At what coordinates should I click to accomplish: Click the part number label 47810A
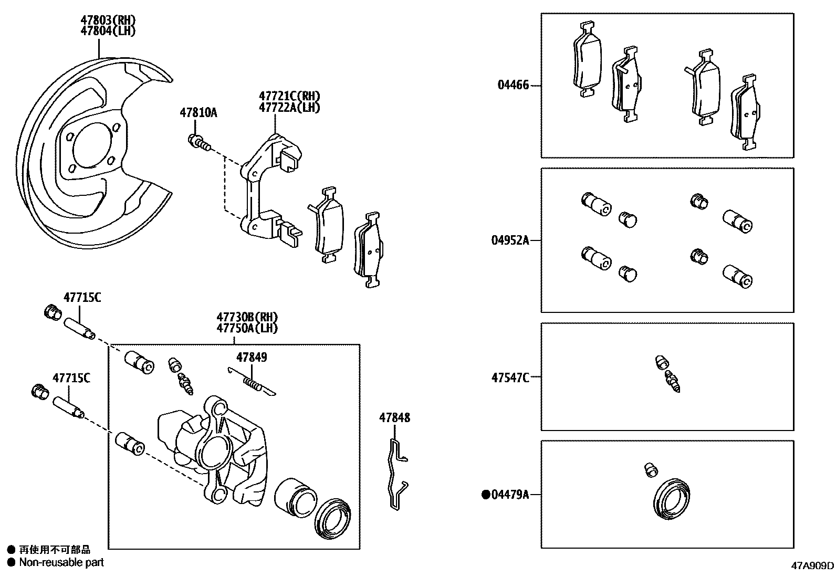[x=198, y=112]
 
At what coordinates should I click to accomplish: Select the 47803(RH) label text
[x=108, y=20]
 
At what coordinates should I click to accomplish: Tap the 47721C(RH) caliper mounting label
[x=289, y=96]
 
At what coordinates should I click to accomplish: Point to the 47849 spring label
[x=251, y=358]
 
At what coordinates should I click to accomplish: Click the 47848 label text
[x=394, y=418]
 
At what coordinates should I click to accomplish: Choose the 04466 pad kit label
[x=513, y=85]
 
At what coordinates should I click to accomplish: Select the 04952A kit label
[x=510, y=240]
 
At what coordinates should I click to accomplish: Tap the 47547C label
[x=510, y=377]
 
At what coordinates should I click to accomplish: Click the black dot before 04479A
[x=486, y=494]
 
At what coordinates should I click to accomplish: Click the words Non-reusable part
[x=61, y=562]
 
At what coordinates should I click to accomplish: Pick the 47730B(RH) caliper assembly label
[x=247, y=317]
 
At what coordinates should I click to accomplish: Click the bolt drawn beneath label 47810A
[x=199, y=142]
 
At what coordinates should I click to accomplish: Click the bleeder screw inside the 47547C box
[x=668, y=374]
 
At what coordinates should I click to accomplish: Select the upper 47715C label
[x=82, y=298]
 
